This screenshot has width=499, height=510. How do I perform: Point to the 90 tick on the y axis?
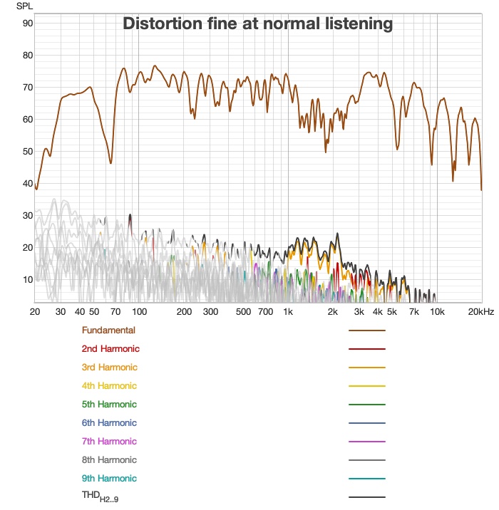tap(28, 23)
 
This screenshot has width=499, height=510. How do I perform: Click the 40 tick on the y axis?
tap(28, 183)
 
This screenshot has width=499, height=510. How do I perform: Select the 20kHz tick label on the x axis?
tap(481, 312)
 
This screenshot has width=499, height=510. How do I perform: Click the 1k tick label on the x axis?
tap(288, 312)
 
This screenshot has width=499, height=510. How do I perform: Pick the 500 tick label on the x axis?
tap(243, 312)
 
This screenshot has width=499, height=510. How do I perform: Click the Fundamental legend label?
tap(108, 331)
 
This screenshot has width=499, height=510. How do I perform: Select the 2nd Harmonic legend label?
tap(110, 349)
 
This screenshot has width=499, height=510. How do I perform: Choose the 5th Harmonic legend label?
tap(110, 405)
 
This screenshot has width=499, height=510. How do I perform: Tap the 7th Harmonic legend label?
tap(110, 442)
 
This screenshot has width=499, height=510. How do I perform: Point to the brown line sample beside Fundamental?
tap(366, 331)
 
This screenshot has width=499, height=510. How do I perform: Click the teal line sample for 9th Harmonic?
tap(366, 479)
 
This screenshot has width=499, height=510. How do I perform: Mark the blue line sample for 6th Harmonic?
tap(366, 423)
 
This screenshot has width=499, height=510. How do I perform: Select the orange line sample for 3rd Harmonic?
tap(366, 368)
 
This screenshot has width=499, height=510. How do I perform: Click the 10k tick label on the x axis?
tap(437, 312)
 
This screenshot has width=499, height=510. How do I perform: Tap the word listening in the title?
tap(356, 24)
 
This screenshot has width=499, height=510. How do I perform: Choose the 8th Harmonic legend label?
tap(110, 460)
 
